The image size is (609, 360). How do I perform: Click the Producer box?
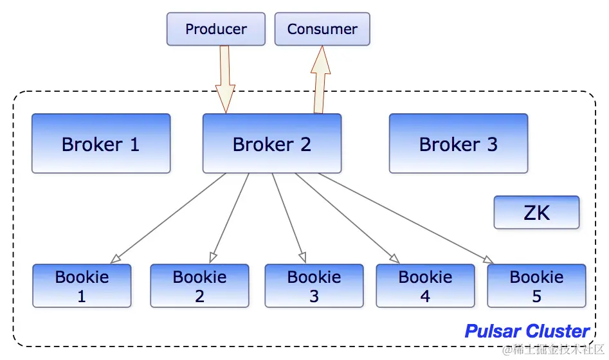click(216, 29)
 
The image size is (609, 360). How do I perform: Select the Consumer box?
click(322, 29)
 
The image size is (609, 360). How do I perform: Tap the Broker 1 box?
click(101, 143)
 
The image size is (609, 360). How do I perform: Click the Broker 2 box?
click(272, 143)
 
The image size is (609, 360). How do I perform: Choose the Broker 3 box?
click(459, 143)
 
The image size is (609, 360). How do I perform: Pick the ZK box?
click(536, 212)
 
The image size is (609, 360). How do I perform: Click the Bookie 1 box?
click(82, 286)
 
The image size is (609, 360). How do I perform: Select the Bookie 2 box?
click(199, 286)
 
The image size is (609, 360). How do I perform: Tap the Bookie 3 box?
click(314, 286)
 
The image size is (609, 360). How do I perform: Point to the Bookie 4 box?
click(425, 286)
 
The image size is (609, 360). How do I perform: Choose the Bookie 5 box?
click(536, 286)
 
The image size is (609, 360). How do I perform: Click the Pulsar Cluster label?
click(527, 331)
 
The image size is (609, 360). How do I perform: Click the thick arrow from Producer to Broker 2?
click(225, 79)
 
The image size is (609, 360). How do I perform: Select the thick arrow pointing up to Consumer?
click(320, 79)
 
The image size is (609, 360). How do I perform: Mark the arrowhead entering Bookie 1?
click(115, 258)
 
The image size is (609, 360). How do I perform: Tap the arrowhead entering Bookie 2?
click(212, 257)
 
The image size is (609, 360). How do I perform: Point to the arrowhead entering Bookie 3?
click(302, 257)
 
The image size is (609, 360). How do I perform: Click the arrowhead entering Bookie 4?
click(394, 258)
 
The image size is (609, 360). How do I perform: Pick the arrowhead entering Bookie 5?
click(489, 260)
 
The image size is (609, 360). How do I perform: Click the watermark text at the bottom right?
click(554, 350)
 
